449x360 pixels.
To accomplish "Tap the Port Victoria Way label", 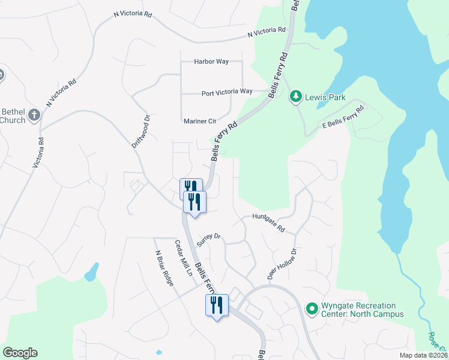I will click(x=227, y=92).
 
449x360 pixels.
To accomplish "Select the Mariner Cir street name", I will click(x=200, y=121).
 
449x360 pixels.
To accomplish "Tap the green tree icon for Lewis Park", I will click(x=295, y=96).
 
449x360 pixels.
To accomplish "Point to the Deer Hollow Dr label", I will click(x=282, y=265).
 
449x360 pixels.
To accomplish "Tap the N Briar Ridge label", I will click(x=164, y=268).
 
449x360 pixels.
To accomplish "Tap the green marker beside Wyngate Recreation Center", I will click(x=311, y=309).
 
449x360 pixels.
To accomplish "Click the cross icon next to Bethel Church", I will click(x=34, y=115).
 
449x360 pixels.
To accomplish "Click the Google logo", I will click(x=20, y=353).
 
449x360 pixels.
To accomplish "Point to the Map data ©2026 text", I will click(x=424, y=355).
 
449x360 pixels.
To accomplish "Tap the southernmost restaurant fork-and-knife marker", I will click(x=215, y=305).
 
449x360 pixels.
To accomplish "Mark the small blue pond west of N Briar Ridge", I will click(x=91, y=273).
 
